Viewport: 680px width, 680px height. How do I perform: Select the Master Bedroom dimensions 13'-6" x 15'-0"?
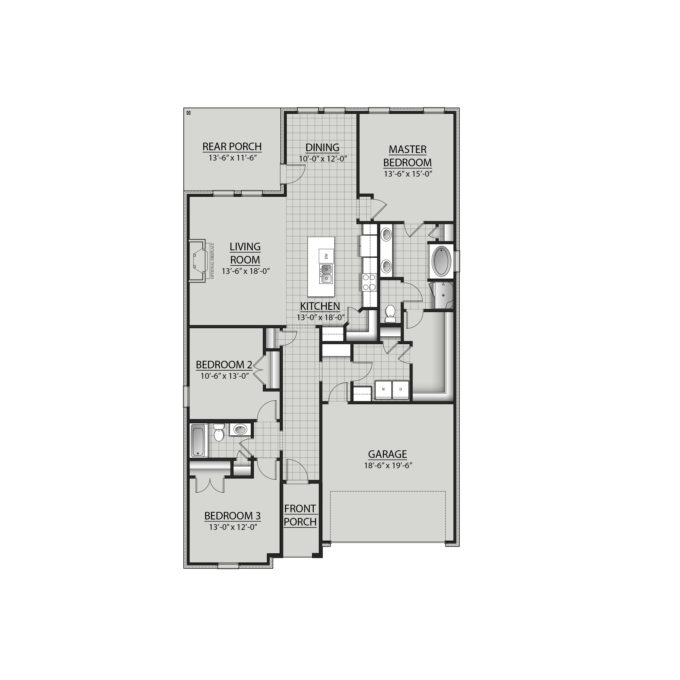click(408, 174)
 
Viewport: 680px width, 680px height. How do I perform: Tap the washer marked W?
click(383, 389)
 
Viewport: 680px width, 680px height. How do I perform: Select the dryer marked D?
click(400, 389)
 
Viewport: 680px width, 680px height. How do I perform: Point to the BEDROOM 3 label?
click(232, 516)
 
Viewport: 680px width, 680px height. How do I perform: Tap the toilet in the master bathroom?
click(390, 314)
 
